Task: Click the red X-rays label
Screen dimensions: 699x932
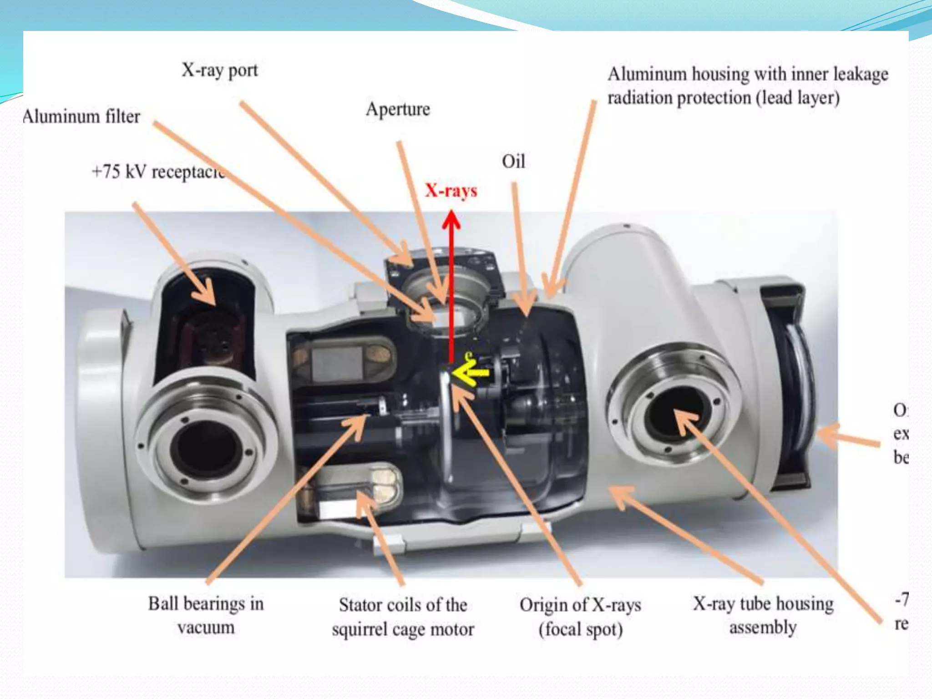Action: [x=451, y=190]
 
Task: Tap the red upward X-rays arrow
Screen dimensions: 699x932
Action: [x=451, y=282]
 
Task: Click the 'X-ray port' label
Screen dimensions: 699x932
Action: [x=220, y=71]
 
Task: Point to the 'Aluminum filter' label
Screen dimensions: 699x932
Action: [x=82, y=116]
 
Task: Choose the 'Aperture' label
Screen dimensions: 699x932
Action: [x=398, y=109]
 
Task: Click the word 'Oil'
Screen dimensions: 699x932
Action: [x=513, y=162]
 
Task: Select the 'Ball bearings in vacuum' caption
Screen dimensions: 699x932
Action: [x=206, y=615]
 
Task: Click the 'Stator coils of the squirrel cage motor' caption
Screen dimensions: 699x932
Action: [x=403, y=617]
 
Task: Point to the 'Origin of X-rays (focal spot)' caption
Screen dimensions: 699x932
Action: [x=580, y=617]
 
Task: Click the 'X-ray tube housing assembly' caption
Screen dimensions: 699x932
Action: [x=763, y=615]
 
